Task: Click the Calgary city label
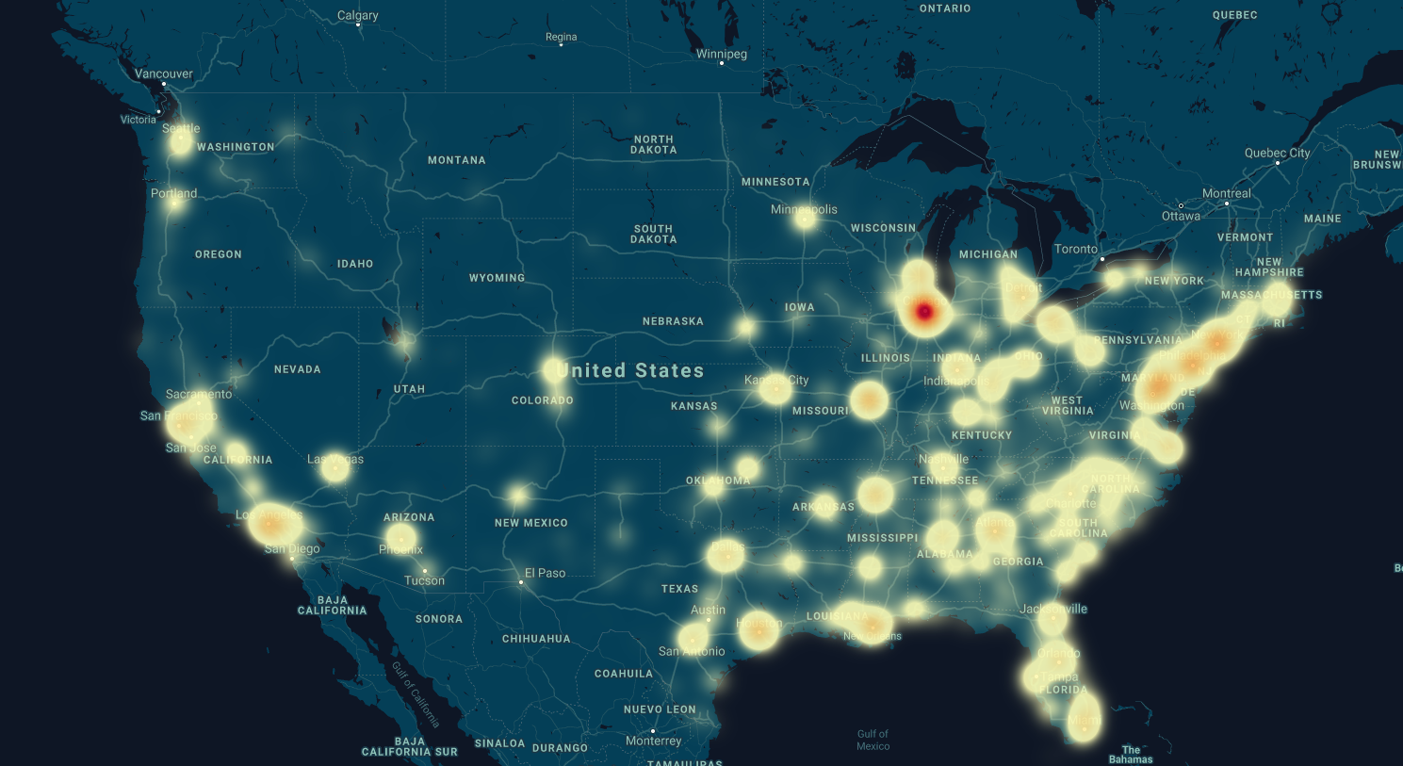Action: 358,15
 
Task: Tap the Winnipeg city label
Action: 722,54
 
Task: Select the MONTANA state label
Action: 457,160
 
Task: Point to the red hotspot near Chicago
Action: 924,311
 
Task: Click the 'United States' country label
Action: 630,370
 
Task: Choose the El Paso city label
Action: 545,573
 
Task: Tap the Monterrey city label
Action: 653,741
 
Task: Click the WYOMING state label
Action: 497,278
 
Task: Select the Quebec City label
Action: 1277,153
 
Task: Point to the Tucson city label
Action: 424,580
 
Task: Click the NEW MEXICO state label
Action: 531,523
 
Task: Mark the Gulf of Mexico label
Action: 873,740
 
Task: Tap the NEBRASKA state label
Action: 673,321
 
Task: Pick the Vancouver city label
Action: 164,73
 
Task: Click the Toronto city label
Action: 1076,249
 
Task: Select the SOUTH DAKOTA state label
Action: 653,234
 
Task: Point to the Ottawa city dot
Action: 1181,205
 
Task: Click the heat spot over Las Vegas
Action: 334,466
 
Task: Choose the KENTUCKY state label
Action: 982,435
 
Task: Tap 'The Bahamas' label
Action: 1131,755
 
